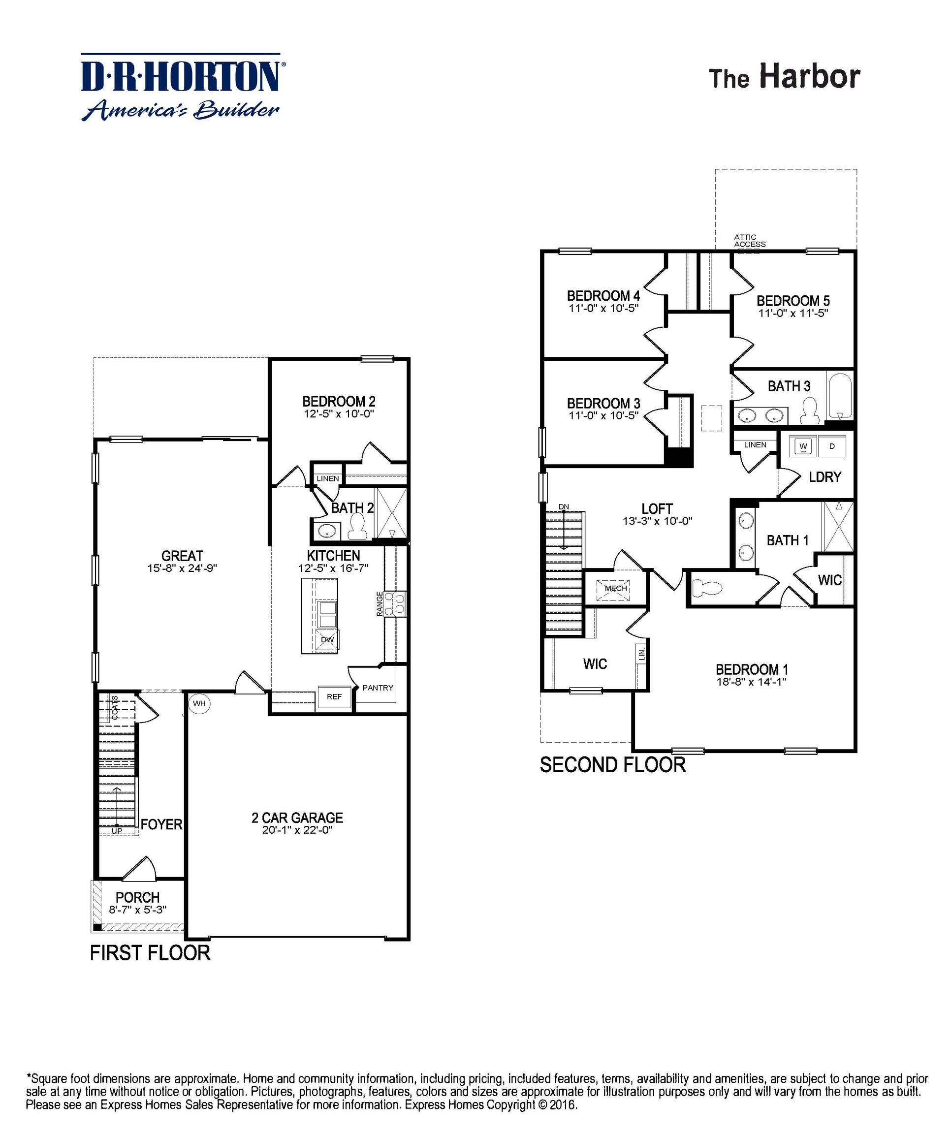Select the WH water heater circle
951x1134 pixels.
pos(199,704)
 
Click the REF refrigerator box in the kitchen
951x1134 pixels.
pos(334,696)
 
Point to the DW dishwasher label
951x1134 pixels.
pos(327,639)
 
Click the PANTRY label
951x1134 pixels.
pos(378,688)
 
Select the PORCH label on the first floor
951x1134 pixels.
pos(138,897)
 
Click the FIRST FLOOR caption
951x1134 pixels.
pos(150,952)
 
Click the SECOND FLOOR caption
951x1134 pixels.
pos(612,765)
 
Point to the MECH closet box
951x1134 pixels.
pos(616,588)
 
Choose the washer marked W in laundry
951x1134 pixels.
pos(803,446)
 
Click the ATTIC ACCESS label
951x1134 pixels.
pos(750,240)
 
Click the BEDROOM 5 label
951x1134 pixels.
pos(793,301)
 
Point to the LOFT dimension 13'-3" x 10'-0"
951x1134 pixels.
pos(657,521)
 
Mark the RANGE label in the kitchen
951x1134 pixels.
pos(380,603)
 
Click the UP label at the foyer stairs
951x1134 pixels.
pos(117,830)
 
